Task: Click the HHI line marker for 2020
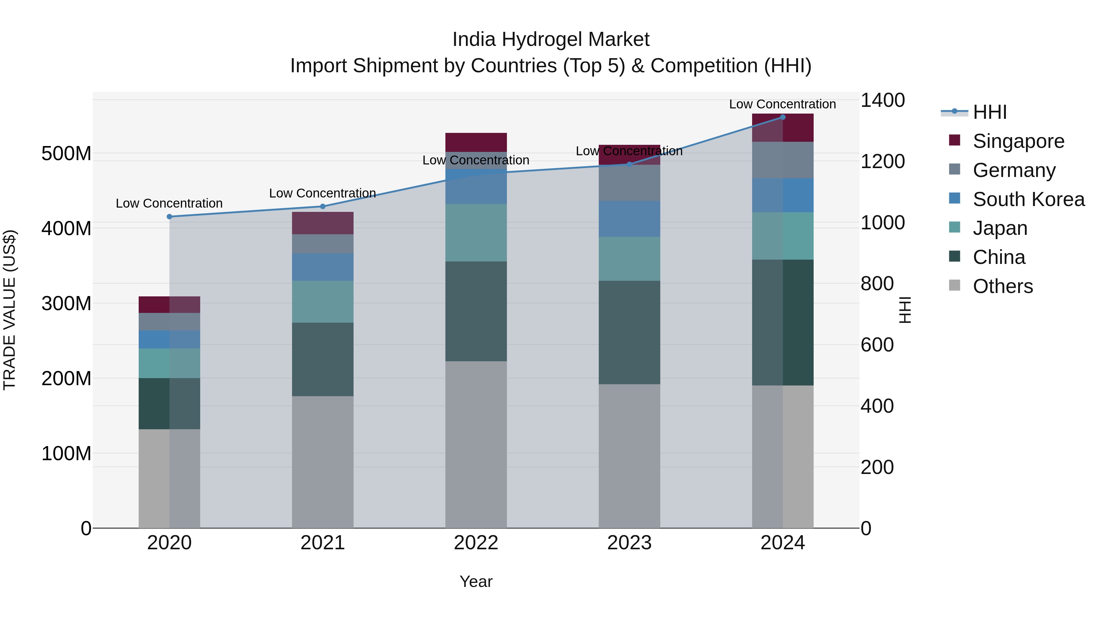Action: coord(169,216)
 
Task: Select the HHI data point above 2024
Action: coord(782,117)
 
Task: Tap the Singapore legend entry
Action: coord(1018,141)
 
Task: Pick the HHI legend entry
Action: coord(989,112)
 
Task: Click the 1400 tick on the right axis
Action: coord(882,100)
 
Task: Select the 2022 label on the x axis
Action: coord(476,543)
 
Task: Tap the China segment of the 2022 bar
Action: coord(476,311)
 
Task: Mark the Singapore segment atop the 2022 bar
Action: coord(476,142)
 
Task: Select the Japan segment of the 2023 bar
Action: coord(629,258)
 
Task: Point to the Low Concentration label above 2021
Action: coord(323,194)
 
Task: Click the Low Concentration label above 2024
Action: coord(782,104)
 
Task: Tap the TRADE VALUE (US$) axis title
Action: coord(10,310)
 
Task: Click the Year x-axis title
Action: coord(476,581)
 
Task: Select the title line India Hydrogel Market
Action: coord(551,39)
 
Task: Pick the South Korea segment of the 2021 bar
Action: coord(323,267)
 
